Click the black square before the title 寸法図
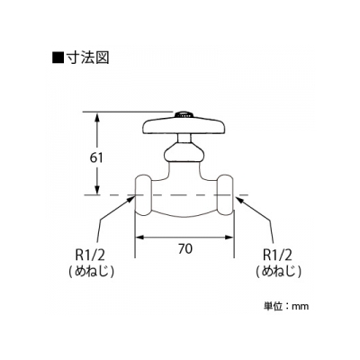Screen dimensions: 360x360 58,58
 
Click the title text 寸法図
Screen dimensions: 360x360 87,58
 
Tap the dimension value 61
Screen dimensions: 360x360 96,157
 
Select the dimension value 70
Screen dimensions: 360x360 184,249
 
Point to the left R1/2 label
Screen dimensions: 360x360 90,256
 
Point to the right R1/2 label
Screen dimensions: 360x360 277,256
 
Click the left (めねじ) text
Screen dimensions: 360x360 91,272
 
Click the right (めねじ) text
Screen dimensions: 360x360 278,272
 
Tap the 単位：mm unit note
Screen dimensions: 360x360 286,306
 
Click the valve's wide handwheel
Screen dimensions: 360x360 184,127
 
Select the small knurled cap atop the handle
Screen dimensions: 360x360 184,114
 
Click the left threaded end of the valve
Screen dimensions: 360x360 143,195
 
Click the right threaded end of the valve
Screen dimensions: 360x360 225,195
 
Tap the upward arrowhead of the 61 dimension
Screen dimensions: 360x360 97,117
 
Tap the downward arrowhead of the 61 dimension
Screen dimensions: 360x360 97,190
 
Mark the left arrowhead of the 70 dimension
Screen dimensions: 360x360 140,237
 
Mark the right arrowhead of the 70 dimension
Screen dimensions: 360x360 229,237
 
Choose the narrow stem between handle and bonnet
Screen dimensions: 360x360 184,139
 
